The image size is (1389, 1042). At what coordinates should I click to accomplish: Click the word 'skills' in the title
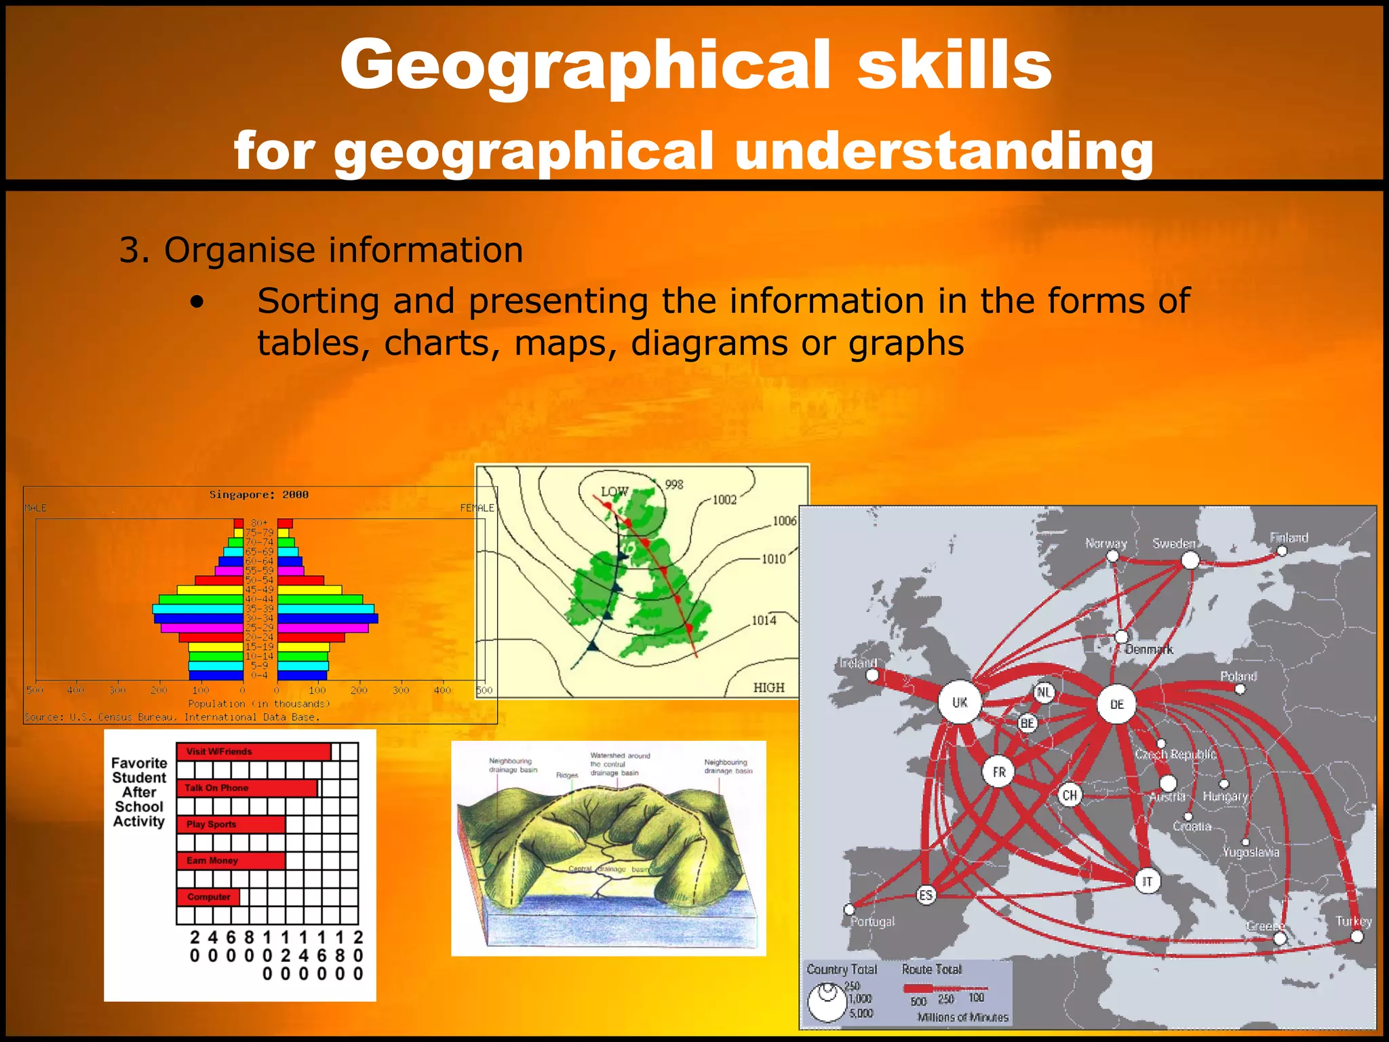pyautogui.click(x=954, y=64)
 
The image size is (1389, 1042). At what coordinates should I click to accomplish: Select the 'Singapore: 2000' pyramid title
pyautogui.click(x=258, y=495)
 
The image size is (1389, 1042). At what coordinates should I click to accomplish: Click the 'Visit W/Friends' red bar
pyautogui.click(x=253, y=752)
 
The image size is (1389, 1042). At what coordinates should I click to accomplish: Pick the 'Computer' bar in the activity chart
pyautogui.click(x=208, y=897)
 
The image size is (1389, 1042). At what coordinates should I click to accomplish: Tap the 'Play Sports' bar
pyautogui.click(x=231, y=824)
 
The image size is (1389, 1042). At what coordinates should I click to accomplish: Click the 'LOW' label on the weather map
pyautogui.click(x=614, y=491)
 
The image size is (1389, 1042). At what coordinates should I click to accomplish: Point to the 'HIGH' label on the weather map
pyautogui.click(x=768, y=687)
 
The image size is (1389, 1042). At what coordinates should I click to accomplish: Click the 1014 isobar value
pyautogui.click(x=764, y=620)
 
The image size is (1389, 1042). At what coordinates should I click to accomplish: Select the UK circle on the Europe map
pyautogui.click(x=960, y=703)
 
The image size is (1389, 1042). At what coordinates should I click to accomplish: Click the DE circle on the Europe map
pyautogui.click(x=1116, y=704)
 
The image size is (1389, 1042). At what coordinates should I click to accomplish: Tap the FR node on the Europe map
pyautogui.click(x=998, y=772)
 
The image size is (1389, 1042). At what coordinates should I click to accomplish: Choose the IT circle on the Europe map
pyautogui.click(x=1147, y=881)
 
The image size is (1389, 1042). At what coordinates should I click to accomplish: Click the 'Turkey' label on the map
pyautogui.click(x=1353, y=921)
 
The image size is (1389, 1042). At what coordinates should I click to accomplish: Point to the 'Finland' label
pyautogui.click(x=1289, y=538)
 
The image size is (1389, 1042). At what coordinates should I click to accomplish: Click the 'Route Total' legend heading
pyautogui.click(x=931, y=969)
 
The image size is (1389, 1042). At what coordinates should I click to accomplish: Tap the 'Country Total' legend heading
pyautogui.click(x=841, y=969)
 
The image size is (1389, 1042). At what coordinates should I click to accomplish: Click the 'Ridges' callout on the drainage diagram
pyautogui.click(x=567, y=775)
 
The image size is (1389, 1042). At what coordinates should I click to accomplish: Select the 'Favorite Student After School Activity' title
pyautogui.click(x=139, y=792)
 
